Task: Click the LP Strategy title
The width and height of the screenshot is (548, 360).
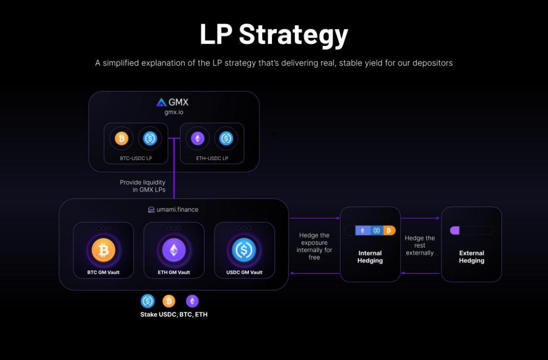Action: click(273, 34)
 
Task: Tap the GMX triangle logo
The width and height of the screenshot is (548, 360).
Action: click(161, 102)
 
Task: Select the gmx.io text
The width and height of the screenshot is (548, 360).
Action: click(174, 112)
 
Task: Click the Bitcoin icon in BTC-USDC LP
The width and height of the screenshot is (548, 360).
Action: click(121, 138)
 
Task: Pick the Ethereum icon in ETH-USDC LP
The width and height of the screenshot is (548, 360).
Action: click(197, 138)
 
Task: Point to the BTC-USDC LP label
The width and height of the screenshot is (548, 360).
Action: click(136, 158)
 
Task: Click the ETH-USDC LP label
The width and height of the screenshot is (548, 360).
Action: click(212, 158)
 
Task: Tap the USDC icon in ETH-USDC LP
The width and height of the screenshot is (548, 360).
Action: click(226, 138)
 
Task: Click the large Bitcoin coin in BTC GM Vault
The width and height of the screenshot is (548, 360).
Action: click(103, 250)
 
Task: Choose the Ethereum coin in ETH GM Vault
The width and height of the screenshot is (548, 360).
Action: click(174, 250)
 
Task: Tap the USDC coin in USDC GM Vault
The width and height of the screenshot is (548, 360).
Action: click(244, 250)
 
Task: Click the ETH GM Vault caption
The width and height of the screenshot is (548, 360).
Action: click(174, 272)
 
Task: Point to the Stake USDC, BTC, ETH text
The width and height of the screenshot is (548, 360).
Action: click(174, 314)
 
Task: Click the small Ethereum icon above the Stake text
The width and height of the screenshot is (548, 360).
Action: click(192, 301)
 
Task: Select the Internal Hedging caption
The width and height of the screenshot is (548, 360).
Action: click(370, 256)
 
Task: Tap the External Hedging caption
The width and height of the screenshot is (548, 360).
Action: click(471, 256)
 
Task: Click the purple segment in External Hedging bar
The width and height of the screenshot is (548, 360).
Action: click(454, 230)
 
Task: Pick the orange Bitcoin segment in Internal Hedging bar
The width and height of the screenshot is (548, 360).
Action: click(389, 230)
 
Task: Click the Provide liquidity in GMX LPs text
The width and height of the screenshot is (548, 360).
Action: click(142, 186)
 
